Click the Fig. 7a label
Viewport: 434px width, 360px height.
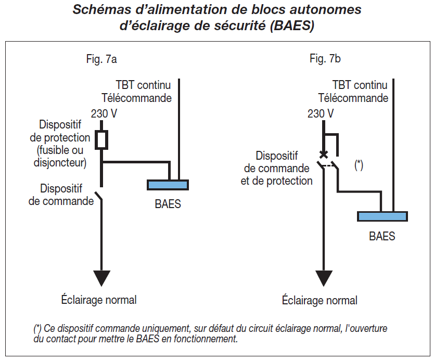(101, 59)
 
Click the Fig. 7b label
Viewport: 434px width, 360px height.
(325, 59)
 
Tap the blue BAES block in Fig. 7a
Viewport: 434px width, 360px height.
(168, 185)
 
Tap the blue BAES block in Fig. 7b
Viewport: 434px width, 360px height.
(382, 216)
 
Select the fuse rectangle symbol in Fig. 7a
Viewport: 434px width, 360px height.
(102, 139)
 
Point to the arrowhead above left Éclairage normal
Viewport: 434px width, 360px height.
(102, 278)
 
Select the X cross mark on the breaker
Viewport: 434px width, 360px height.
(324, 155)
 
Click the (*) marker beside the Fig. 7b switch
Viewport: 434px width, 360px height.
(359, 165)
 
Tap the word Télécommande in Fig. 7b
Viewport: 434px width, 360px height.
(353, 97)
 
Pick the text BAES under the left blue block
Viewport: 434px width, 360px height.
(168, 204)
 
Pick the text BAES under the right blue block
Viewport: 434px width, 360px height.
(382, 236)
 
